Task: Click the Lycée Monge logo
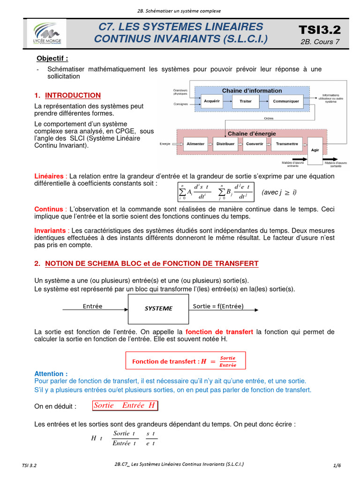[x=47, y=33]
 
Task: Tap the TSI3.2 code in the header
[x=320, y=30]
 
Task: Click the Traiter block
[x=246, y=101]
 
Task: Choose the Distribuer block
[x=225, y=144]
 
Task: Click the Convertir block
[x=255, y=144]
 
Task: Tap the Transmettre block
[x=287, y=144]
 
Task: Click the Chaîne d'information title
[x=252, y=90]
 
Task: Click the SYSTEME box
[x=158, y=308]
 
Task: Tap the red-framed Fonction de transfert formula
[x=185, y=361]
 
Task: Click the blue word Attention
[x=51, y=374]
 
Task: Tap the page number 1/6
[x=337, y=465]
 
